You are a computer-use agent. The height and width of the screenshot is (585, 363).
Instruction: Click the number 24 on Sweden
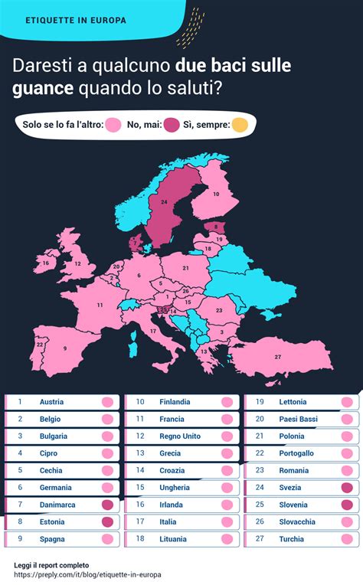(164, 201)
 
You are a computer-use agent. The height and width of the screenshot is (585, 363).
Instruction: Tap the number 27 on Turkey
(278, 358)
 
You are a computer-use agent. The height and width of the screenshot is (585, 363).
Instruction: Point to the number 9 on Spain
(65, 348)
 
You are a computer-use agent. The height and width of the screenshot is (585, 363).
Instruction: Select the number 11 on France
(100, 305)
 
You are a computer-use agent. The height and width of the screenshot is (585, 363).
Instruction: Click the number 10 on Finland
(216, 194)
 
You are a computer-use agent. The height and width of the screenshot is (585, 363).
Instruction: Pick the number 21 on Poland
(185, 269)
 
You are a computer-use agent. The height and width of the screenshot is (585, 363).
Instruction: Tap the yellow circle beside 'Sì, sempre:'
(240, 126)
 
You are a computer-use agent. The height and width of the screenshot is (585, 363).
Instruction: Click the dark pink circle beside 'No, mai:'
(171, 126)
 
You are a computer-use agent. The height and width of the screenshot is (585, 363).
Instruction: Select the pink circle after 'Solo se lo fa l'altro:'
(114, 126)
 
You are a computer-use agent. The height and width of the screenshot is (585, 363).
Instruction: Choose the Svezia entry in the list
(291, 488)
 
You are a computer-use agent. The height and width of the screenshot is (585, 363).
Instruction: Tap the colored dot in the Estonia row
(107, 522)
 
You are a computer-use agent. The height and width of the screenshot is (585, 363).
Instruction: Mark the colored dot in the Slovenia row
(347, 505)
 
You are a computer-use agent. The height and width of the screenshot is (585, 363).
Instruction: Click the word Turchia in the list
(292, 539)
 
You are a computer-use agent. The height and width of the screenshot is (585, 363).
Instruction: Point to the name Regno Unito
(178, 436)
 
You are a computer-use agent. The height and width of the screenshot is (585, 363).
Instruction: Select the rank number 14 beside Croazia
(140, 470)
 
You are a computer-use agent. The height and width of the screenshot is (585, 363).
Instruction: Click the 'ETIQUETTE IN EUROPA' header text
(76, 20)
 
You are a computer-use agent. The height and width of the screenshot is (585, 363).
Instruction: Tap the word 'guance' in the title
(42, 88)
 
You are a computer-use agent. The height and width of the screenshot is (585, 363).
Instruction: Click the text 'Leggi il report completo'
(51, 564)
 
